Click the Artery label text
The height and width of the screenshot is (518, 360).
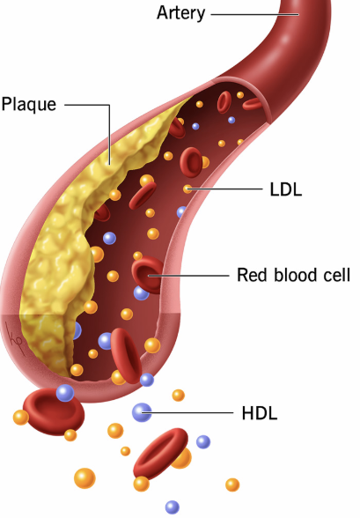coord(180,13)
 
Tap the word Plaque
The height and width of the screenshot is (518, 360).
coord(29,105)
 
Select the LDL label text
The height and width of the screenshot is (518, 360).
coord(286,189)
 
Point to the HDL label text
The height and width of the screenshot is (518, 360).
coord(260,413)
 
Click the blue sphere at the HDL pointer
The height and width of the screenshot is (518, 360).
coord(142,412)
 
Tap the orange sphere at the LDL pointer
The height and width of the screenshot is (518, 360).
coord(187,189)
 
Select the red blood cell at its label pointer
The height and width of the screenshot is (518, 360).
coord(148,274)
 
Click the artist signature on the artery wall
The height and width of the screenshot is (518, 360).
coord(14,339)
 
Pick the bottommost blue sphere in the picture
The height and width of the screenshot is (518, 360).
coord(173,507)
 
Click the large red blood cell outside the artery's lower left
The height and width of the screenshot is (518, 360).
coord(54,411)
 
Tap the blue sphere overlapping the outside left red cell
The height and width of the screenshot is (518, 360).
coord(65,393)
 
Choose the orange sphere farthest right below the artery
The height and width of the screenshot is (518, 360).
coord(232,485)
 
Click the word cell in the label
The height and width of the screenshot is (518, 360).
coord(335,275)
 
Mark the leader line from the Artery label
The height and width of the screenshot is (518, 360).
coord(254,14)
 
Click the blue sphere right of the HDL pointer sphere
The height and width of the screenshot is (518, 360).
coord(203,441)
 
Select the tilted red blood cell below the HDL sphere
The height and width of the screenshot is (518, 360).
coord(161,453)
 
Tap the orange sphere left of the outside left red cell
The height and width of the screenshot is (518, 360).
coord(21,418)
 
